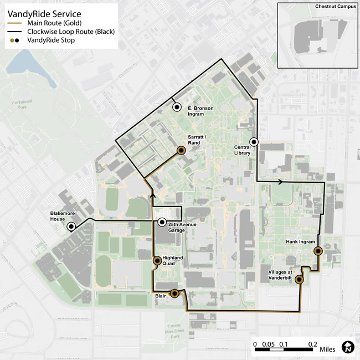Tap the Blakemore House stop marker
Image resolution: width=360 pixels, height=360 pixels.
(71, 227)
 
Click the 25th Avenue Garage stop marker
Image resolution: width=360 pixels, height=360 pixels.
(162, 222)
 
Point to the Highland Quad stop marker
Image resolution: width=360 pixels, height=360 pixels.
(157, 260)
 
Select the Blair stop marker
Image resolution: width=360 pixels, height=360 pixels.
(174, 294)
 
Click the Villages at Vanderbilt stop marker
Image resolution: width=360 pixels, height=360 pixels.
(299, 280)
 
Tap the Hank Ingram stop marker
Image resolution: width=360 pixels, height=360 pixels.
(318, 251)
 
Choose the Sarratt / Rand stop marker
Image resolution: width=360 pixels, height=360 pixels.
(181, 150)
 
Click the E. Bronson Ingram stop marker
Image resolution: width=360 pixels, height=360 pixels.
(177, 107)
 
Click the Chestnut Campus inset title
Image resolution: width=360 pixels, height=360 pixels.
(336, 7)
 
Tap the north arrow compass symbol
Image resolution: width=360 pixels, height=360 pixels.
(348, 347)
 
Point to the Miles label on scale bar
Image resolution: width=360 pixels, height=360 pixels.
(327, 349)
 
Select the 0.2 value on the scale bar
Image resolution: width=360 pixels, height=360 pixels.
(313, 343)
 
